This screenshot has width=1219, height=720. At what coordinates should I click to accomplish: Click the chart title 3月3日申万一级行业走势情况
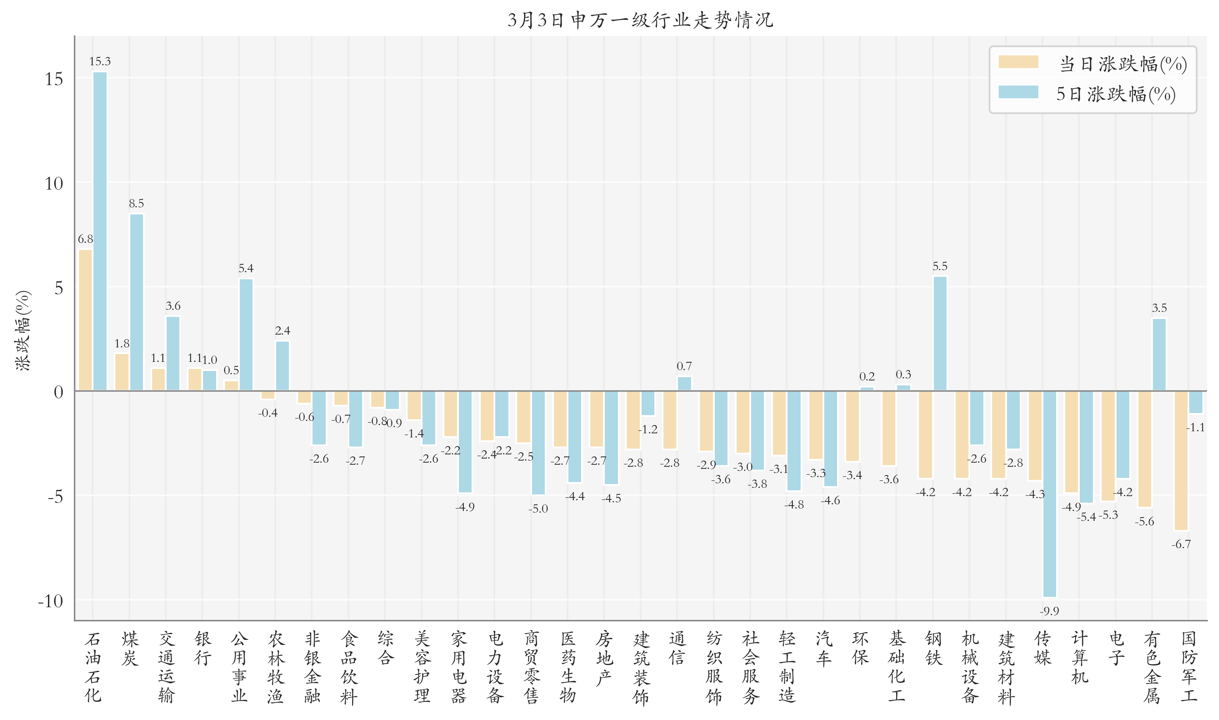640,20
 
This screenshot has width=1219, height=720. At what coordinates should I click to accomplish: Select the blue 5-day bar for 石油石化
100,231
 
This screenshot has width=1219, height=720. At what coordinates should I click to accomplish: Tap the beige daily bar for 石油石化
86,320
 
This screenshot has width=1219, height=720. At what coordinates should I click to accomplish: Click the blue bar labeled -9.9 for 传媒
1049,494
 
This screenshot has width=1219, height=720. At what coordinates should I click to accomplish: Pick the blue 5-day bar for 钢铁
940,333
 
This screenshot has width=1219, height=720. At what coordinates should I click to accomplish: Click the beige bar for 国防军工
1181,461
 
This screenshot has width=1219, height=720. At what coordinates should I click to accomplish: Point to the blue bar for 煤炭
136,302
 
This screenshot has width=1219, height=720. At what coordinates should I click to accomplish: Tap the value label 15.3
100,62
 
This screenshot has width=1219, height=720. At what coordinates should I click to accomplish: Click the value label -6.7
1181,544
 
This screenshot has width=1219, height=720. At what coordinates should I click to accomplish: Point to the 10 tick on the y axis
54,183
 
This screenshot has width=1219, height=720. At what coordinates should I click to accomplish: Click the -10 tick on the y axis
50,601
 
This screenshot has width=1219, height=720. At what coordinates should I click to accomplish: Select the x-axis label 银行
203,648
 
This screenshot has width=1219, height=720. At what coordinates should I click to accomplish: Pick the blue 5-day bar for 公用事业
246,335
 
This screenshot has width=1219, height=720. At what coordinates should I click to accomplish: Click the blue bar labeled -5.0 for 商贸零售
538,442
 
